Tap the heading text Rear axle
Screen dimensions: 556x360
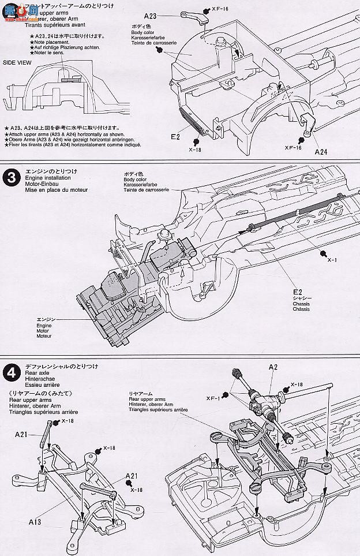tap(36, 372)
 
